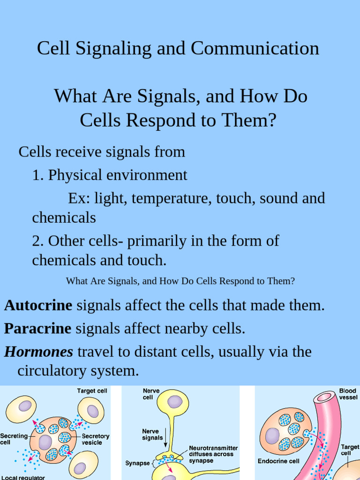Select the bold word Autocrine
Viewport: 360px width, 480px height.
38,306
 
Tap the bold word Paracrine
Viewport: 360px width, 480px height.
37,329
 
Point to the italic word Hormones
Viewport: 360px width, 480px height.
39,352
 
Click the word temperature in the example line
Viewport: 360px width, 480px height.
172,198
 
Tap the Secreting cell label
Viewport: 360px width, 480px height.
14,439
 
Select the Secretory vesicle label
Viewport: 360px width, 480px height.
95,439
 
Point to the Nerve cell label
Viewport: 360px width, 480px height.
148,394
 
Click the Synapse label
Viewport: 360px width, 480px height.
137,463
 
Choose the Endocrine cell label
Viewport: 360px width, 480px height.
278,461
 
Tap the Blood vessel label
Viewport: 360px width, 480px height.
348,394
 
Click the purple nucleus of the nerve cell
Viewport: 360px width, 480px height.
175,402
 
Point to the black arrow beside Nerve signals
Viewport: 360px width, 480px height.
165,440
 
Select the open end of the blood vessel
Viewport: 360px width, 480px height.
324,397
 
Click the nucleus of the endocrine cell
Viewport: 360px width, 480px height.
272,435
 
